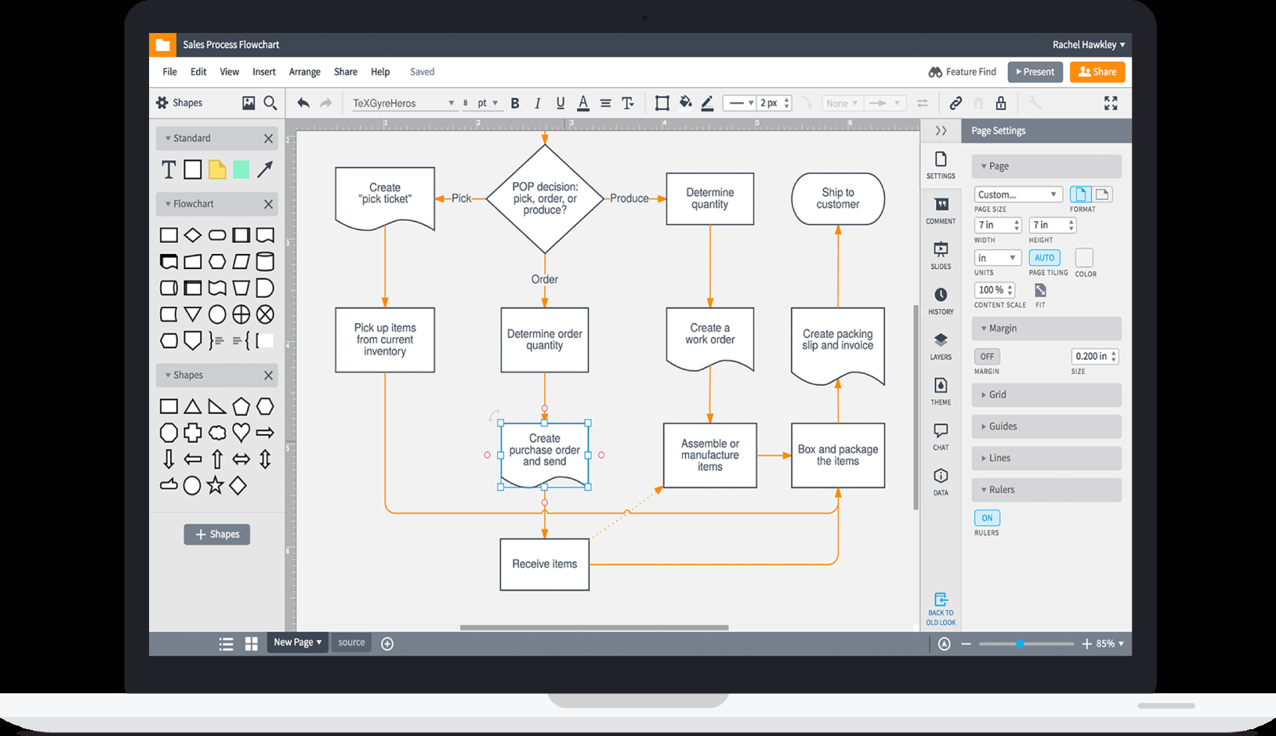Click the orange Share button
pos(1096,72)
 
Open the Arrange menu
pos(304,72)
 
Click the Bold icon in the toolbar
pos(515,103)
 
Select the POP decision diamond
pos(544,199)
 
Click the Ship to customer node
pos(837,199)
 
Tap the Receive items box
pos(544,564)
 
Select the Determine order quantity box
pos(544,340)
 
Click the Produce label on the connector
pos(629,199)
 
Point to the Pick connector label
pos(461,199)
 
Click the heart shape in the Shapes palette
pos(241,432)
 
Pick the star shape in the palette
pos(216,485)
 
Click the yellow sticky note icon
pos(217,169)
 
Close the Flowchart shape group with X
pos(268,204)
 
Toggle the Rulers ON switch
pos(987,518)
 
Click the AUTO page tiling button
pos(1044,258)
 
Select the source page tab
pos(351,642)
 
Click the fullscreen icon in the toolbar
pos(1111,103)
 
